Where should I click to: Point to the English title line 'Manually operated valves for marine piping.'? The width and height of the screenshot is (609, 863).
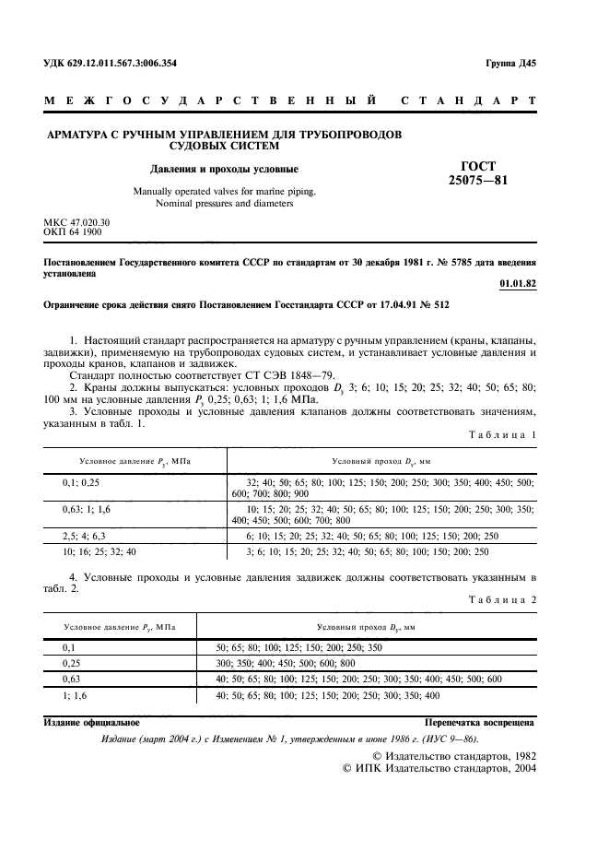point(224,191)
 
